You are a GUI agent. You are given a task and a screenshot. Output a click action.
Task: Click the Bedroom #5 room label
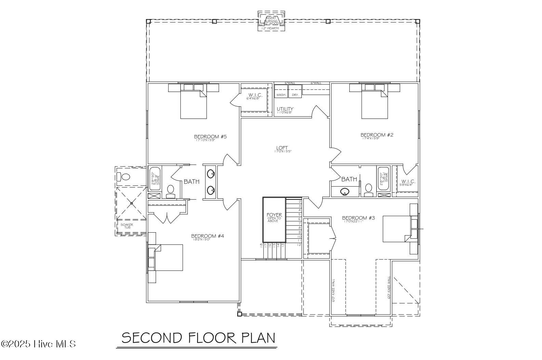coord(211,137)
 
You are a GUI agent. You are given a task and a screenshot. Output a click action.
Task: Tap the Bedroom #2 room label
coord(377,135)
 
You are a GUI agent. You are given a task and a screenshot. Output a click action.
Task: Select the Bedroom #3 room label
coord(358,218)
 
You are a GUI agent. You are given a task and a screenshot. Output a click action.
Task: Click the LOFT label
coord(282,149)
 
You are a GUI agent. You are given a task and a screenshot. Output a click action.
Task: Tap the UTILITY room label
coord(285,110)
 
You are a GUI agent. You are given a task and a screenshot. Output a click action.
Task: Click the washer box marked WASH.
coord(281,95)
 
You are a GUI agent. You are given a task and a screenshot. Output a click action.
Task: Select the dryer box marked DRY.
coord(295,95)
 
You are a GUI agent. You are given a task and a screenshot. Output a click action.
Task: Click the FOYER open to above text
coord(274,217)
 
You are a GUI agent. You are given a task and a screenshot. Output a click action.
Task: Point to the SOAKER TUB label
coord(126,226)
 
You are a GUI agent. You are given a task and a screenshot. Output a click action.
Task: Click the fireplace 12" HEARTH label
coord(270,28)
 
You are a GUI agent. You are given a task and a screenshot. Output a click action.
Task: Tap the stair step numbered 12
coord(299,245)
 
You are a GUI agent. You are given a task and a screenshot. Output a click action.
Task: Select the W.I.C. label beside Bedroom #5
coord(255,95)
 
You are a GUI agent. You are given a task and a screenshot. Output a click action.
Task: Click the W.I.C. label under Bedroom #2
coord(408,182)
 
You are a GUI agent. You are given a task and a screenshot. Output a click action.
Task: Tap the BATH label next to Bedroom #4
coord(191,182)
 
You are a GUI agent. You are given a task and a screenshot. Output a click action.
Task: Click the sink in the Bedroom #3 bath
coord(345,192)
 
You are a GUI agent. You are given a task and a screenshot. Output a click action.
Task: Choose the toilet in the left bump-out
coord(124,177)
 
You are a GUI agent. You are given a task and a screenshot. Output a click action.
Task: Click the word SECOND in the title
coord(152,338)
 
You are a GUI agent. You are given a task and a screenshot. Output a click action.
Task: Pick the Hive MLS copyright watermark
coord(38,344)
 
